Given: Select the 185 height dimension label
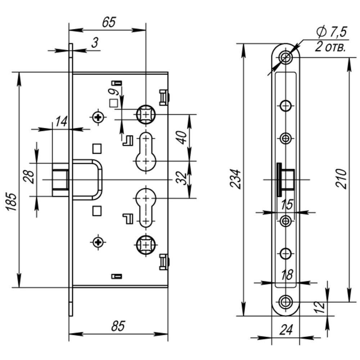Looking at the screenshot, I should (x=12, y=202).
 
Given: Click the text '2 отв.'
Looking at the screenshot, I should (x=330, y=47).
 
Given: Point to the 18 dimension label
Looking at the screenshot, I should (x=287, y=275).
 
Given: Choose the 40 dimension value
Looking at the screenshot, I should (x=183, y=137).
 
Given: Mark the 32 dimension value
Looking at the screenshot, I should (x=183, y=178).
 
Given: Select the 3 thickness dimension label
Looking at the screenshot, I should (x=94, y=43).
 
